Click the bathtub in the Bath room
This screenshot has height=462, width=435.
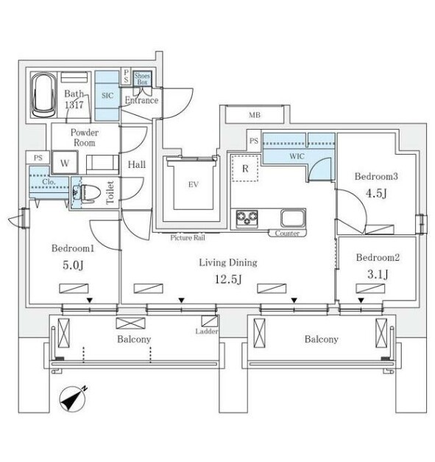pos(43,95)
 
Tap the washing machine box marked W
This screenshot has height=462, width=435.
pos(65,163)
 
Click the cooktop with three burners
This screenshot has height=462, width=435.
pos(247,219)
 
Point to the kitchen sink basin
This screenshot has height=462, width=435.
pos(293,218)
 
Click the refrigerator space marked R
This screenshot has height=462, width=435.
pos(245,169)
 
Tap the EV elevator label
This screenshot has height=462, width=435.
pos(194,185)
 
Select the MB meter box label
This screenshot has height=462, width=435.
pos(255,115)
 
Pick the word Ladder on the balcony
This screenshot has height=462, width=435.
pos(207,331)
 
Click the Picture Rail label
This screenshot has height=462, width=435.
pos(188,237)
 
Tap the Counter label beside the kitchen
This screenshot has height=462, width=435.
pos(287,234)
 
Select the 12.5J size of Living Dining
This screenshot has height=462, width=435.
pos(228,279)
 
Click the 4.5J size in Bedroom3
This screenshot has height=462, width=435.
pos(376,193)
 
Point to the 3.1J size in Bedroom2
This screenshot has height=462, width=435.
pos(378,274)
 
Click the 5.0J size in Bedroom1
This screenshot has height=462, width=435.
pos(73,265)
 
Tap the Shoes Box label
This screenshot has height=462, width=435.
pos(142,79)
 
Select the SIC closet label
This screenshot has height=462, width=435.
pos(107,96)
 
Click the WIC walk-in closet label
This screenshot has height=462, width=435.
pos(297,156)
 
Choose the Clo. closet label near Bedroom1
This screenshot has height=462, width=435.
pos(49,182)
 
